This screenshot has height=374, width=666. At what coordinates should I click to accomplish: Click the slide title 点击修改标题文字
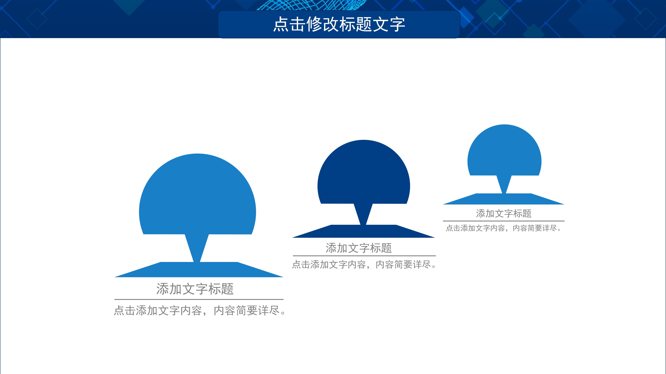pos(339,25)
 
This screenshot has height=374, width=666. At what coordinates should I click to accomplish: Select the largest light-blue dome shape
pos(198,196)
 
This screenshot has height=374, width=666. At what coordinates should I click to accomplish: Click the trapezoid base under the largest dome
pos(199,270)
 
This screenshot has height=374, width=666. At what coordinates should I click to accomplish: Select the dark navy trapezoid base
pos(364,232)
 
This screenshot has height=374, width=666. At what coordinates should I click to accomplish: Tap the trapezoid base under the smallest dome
pos(504,199)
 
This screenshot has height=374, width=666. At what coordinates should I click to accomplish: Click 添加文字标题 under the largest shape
pos(195,289)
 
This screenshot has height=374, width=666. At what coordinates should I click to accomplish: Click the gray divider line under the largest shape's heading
pos(199,299)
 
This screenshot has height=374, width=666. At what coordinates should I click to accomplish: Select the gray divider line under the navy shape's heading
pos(364,256)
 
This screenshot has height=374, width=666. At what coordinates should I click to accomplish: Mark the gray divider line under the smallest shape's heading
pos(504,221)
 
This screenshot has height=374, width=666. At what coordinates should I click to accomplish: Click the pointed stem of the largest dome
pos(197,248)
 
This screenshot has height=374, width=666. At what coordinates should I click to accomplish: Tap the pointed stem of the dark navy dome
pos(363,214)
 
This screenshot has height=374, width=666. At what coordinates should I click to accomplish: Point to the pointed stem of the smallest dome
pos(504,184)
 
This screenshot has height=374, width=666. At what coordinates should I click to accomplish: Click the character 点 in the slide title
pos(281,25)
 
